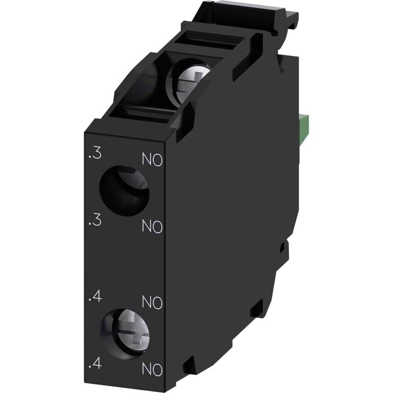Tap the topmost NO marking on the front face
tap(152, 160)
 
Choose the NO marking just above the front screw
tap(152, 302)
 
